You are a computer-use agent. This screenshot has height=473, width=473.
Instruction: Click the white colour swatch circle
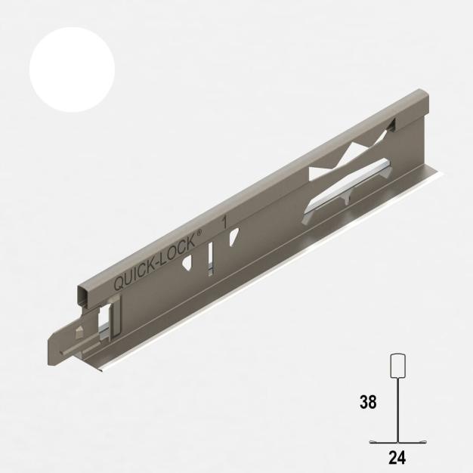(x=72, y=70)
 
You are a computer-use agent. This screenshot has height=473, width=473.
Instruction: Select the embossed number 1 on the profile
(x=224, y=222)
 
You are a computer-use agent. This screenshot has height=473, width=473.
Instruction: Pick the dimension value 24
(x=397, y=456)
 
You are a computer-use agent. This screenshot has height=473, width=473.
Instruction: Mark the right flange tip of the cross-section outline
(x=428, y=442)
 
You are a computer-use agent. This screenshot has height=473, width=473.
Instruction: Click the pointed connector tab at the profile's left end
(x=60, y=348)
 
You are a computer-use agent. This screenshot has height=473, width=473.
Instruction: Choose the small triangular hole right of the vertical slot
(x=233, y=237)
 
